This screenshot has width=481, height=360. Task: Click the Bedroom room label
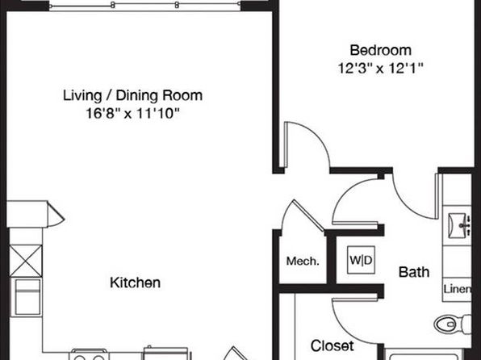(x=380, y=50)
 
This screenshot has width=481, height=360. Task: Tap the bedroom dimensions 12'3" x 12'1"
(x=380, y=68)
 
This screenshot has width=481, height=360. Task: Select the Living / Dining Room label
(x=132, y=95)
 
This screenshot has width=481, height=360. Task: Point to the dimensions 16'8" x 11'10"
(x=132, y=114)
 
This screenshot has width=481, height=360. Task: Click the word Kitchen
(x=135, y=283)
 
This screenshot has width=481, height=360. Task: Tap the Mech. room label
(x=303, y=262)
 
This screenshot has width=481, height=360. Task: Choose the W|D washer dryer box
(x=361, y=260)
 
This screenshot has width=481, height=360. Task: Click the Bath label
(x=414, y=272)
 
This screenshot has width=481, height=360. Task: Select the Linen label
(x=457, y=289)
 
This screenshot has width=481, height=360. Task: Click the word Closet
(x=332, y=346)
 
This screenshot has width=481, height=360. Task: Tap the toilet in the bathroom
(x=453, y=324)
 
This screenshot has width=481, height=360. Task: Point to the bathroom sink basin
(x=455, y=225)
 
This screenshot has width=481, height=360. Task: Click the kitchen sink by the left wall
(x=27, y=297)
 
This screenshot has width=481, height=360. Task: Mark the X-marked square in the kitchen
(x=26, y=261)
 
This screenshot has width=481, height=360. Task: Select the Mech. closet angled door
(x=308, y=216)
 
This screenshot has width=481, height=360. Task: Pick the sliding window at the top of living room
(x=144, y=6)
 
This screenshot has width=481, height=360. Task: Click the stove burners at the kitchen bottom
(x=90, y=355)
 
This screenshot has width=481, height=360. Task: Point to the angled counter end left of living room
(x=56, y=214)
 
